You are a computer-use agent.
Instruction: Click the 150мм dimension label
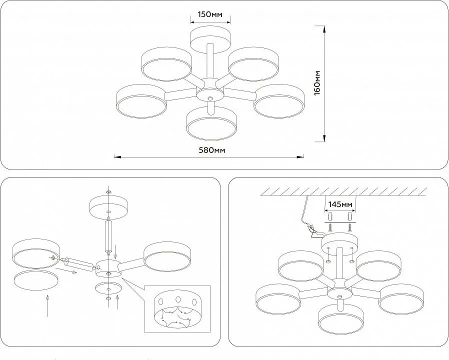click(209, 14)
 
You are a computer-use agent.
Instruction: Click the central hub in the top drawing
click(209, 93)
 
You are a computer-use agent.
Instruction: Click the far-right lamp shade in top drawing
click(279, 100)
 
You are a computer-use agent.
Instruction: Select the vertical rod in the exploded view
click(108, 236)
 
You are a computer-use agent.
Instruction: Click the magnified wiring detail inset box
click(177, 308)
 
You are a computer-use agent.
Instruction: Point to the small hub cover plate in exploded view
click(108, 288)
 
